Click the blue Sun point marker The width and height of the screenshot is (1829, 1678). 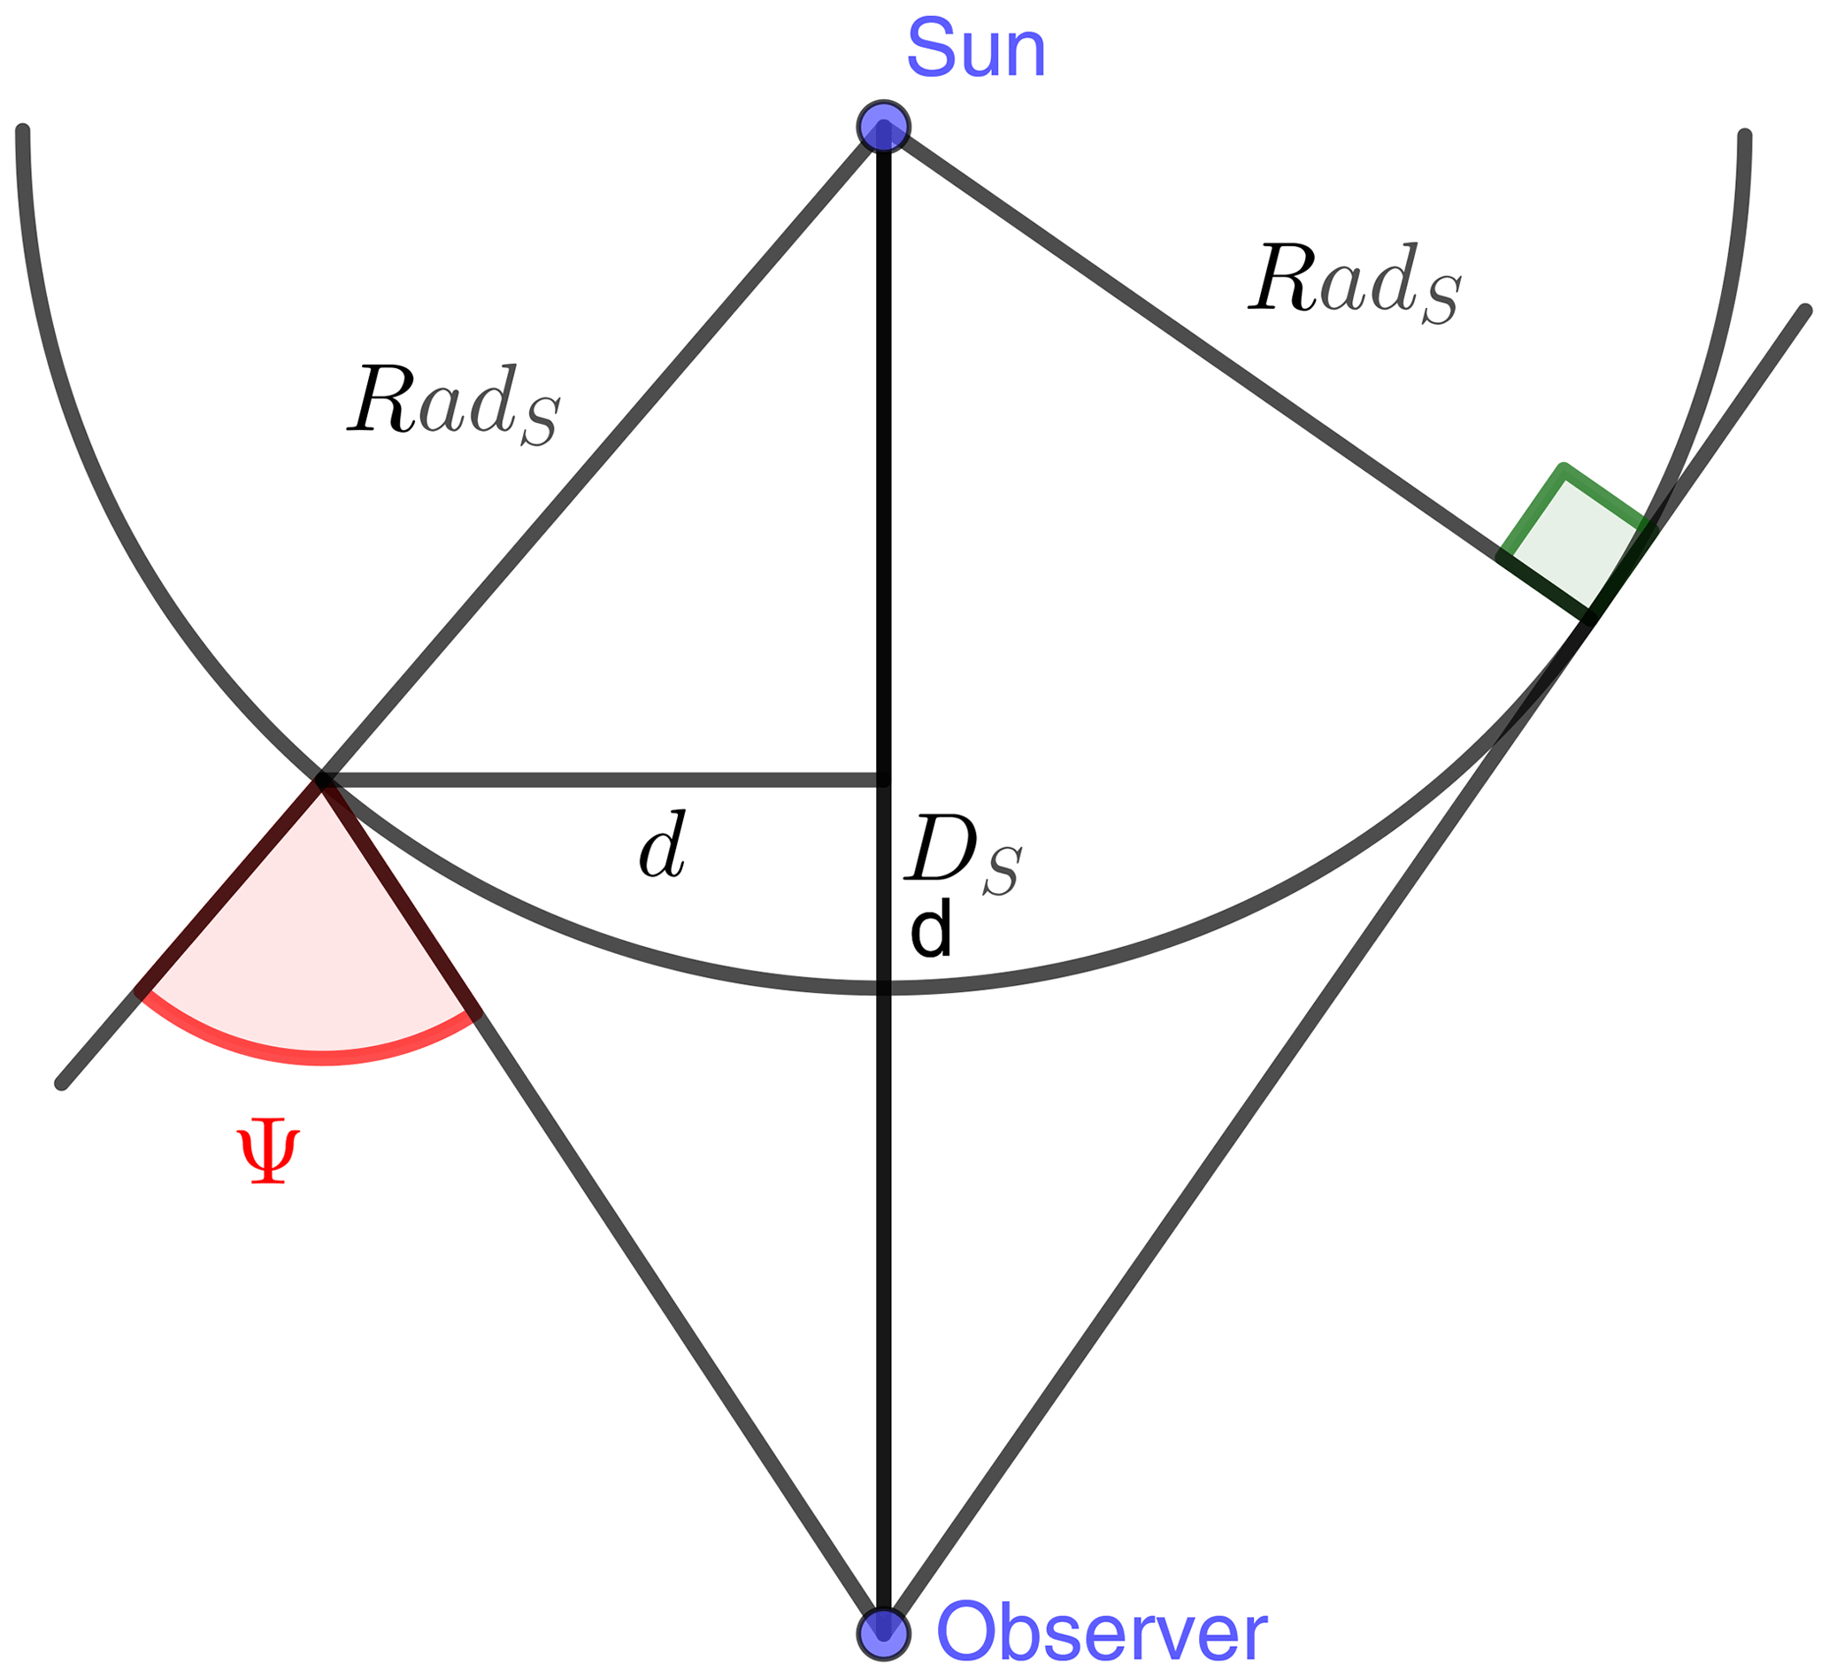point(883,127)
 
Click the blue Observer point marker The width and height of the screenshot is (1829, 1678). point(883,1634)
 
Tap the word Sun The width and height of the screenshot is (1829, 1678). point(977,49)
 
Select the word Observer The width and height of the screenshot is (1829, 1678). point(1101,1634)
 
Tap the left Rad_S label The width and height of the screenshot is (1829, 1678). point(454,404)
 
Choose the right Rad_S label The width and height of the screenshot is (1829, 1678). point(1355,282)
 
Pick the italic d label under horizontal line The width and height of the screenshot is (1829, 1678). point(663,845)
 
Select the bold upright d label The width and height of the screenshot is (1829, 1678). point(931,930)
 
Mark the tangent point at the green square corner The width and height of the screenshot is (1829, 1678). point(1590,618)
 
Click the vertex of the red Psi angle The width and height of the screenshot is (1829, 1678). point(322,779)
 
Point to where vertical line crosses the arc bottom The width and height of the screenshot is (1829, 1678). point(884,988)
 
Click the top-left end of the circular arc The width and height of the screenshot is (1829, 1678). point(23,132)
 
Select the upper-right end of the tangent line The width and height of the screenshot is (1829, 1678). point(1805,311)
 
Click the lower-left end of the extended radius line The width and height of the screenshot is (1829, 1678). point(62,1083)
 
